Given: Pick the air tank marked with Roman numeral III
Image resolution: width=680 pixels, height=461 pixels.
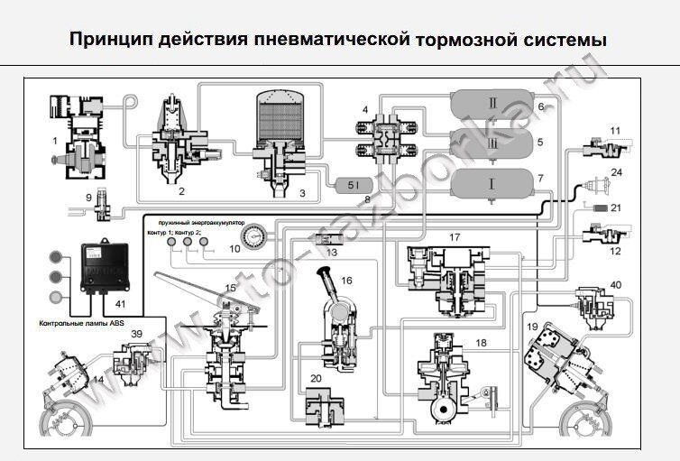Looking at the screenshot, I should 492,143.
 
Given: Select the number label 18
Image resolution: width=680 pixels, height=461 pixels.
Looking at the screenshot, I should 480,344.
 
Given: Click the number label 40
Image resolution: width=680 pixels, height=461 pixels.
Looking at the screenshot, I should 615,286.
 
